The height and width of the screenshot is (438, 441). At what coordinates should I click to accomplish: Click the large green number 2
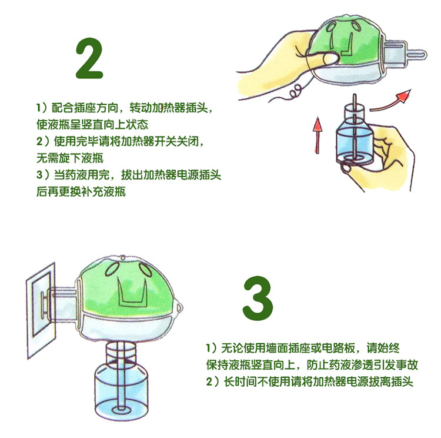(89, 59)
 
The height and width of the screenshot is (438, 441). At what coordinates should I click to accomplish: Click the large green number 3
(258, 298)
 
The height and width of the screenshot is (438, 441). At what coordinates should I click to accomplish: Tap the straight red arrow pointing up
(318, 135)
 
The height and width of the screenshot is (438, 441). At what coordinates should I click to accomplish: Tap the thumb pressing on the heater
(323, 59)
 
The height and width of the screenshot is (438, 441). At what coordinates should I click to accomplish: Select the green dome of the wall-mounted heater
(126, 284)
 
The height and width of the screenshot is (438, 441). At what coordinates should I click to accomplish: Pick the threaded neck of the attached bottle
(121, 352)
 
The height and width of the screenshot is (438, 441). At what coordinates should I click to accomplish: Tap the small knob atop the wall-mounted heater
(123, 257)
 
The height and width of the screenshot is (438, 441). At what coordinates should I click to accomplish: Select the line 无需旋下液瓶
(70, 158)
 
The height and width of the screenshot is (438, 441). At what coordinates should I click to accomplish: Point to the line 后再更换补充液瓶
(81, 192)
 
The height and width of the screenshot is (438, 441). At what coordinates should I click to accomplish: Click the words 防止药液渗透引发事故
(362, 365)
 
